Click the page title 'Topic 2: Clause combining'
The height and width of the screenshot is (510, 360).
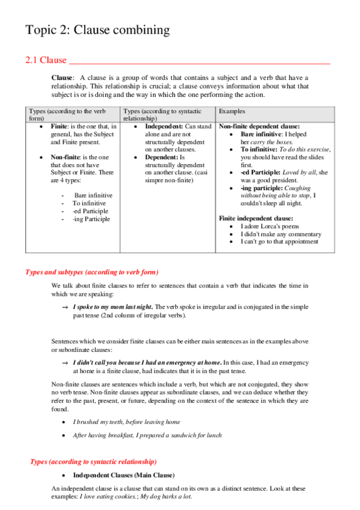[x=97, y=29]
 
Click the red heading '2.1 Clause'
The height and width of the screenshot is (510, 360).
[x=46, y=61]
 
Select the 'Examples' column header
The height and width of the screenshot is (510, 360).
[x=231, y=111]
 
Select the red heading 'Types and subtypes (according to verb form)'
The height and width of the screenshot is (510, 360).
[x=92, y=272]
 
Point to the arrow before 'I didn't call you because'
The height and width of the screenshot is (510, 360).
[x=64, y=363]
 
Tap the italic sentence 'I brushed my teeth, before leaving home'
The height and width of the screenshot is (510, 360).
[x=126, y=422]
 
